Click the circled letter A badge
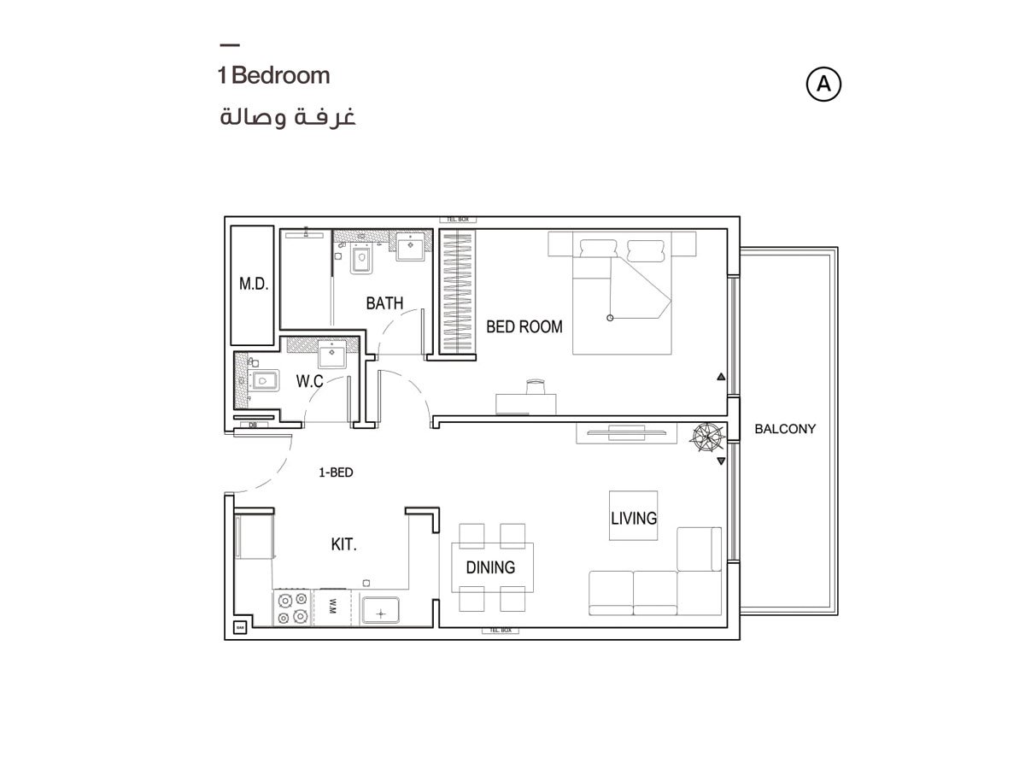[823, 84]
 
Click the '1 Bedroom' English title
[273, 75]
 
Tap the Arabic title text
[287, 117]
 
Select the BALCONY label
[785, 429]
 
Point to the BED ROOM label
[524, 326]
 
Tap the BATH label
[384, 303]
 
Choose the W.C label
[309, 381]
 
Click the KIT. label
[343, 544]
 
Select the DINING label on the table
[490, 567]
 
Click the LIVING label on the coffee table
[633, 518]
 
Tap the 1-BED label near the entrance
[336, 472]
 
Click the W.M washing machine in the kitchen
[331, 608]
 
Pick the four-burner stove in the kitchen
[292, 608]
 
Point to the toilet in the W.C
[263, 380]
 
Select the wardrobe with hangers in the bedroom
[457, 291]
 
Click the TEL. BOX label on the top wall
[456, 220]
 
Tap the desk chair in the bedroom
[536, 386]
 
